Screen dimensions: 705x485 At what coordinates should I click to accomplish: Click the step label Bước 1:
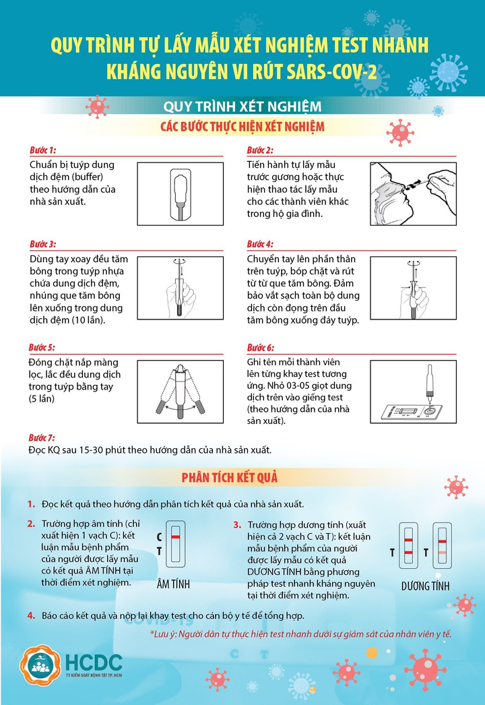coord(42,150)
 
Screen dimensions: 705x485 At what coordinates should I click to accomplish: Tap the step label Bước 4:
coord(260,244)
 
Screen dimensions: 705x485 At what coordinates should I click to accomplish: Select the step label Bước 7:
coord(42,438)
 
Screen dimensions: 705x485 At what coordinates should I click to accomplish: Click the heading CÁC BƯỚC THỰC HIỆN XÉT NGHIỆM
coord(243,127)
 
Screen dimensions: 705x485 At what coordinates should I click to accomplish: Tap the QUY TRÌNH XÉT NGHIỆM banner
coord(243,107)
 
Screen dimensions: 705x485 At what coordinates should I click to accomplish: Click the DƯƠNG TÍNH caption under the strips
coord(425,586)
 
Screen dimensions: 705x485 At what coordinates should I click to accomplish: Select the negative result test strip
coord(175,543)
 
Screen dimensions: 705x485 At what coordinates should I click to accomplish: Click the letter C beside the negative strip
coord(159,537)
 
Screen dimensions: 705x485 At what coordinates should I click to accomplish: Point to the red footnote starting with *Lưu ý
coord(300,634)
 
